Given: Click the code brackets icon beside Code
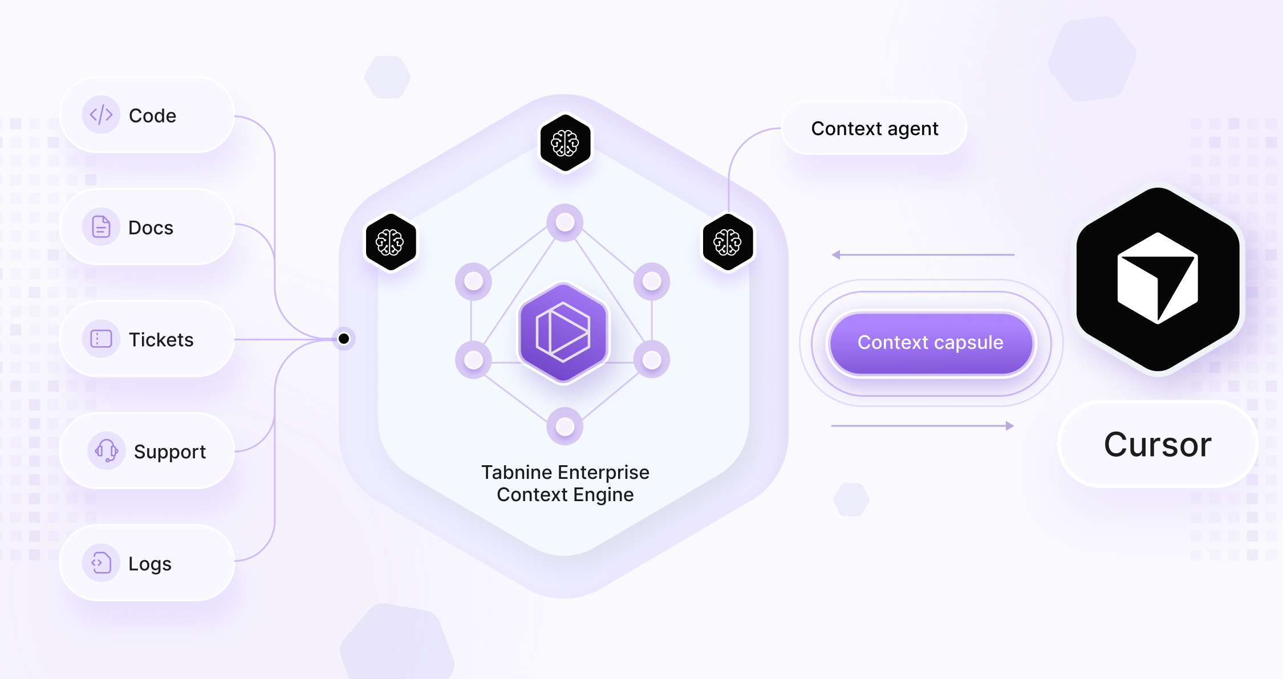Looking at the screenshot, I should point(101,115).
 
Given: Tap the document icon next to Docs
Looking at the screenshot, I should point(101,227).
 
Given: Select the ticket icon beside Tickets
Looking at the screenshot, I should point(101,339).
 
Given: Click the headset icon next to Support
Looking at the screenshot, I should point(106,451).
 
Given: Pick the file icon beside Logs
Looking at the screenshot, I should point(101,563).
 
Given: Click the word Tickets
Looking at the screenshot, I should point(161,340).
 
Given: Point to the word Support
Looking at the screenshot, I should point(170,452).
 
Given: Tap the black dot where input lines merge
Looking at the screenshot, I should point(344,339).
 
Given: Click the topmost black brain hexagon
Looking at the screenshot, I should point(565,143).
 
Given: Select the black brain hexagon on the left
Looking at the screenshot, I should point(390,242).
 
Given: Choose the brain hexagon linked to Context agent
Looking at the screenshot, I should point(728,242).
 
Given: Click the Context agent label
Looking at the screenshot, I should point(874,128).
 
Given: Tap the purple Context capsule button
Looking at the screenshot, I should point(931,343).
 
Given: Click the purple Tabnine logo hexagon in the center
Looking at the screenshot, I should point(563,333).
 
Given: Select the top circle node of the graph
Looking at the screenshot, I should point(565,222).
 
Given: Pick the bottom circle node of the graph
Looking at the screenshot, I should point(565,426).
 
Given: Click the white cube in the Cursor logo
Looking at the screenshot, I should point(1158,278).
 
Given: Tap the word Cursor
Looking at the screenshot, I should point(1158,445).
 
